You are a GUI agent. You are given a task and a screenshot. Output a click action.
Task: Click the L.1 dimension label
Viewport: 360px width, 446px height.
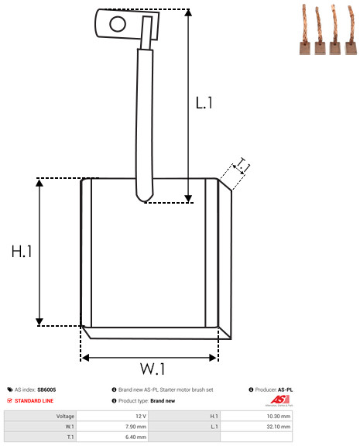click(204, 103)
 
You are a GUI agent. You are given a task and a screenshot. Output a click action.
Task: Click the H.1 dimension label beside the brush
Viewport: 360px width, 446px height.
click(22, 252)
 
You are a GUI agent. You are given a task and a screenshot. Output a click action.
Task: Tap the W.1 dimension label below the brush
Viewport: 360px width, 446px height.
click(153, 369)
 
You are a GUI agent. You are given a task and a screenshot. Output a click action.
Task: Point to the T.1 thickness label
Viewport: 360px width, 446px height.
click(242, 166)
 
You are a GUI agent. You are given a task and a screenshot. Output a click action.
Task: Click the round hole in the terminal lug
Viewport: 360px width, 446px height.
click(118, 24)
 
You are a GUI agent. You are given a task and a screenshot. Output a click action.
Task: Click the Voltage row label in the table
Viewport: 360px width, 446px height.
click(65, 417)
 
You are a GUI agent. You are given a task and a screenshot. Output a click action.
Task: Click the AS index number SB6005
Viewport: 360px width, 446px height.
click(46, 389)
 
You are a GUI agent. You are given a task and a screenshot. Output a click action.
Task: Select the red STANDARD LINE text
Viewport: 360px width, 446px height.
click(34, 401)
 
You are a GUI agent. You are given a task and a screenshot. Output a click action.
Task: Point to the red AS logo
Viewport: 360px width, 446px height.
click(279, 400)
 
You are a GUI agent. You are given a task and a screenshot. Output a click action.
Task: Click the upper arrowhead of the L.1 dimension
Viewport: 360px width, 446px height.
click(188, 12)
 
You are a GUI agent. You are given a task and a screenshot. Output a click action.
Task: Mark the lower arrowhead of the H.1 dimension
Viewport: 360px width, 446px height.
click(39, 322)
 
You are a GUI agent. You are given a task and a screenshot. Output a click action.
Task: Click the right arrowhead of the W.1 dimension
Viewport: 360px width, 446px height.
click(213, 358)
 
